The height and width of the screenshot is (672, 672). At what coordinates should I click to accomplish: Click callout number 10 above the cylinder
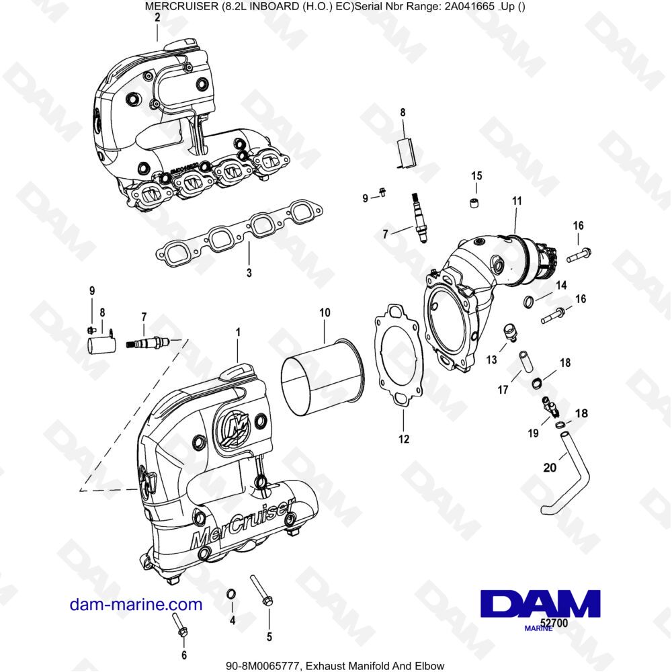325,313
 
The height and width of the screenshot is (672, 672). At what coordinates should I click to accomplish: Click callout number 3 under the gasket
249,274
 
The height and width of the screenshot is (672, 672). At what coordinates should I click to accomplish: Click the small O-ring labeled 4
230,593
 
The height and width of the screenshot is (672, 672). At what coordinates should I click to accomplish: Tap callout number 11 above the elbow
516,201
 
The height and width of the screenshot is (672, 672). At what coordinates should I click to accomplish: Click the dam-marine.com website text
136,604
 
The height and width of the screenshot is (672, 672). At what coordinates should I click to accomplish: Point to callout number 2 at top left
157,18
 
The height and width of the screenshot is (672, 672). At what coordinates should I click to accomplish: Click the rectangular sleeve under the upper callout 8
406,152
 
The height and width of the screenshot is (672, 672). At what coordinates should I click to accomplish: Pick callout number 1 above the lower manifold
237,332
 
